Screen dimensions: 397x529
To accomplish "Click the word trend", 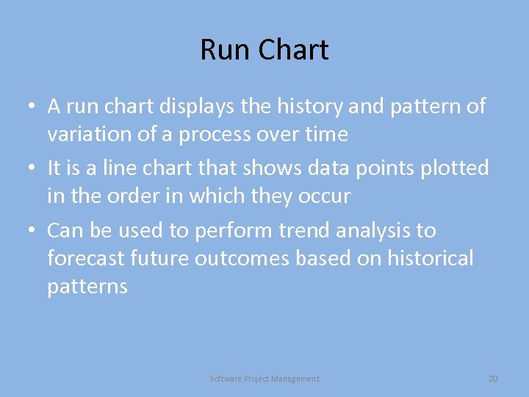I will (x=303, y=230).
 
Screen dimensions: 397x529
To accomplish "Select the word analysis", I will (x=375, y=230).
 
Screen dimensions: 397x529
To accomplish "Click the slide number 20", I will (x=493, y=379).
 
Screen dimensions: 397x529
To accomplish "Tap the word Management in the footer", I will (x=295, y=379).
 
